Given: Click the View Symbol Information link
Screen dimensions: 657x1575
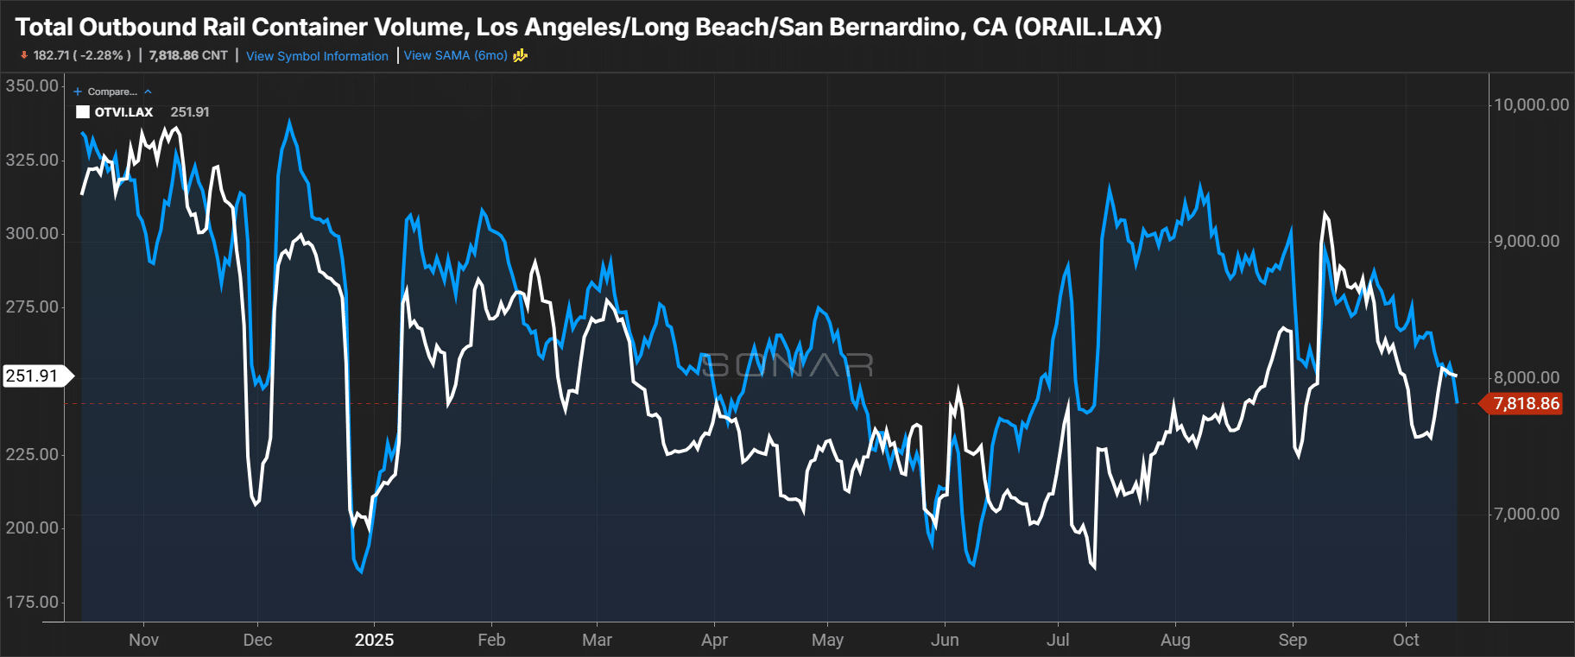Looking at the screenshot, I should (317, 56).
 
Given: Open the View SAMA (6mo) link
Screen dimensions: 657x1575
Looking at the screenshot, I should (455, 55).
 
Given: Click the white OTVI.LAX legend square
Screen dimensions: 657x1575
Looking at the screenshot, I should (83, 112).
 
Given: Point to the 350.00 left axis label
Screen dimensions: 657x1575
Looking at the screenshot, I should (32, 85).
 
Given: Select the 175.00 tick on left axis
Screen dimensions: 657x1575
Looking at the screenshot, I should (32, 602).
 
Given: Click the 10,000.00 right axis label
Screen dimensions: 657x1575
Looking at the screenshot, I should (1531, 104).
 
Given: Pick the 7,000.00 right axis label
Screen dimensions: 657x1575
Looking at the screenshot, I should (1527, 514).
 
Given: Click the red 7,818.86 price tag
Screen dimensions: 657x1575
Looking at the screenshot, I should (1526, 403).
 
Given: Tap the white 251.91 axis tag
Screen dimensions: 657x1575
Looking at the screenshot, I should (32, 376).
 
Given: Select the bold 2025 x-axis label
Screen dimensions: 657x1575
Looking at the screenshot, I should (374, 640).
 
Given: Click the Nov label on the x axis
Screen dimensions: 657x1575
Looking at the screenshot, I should (143, 640).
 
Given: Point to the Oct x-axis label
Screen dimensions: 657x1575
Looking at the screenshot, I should (1406, 640).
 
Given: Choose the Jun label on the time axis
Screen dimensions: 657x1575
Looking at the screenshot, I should (945, 640).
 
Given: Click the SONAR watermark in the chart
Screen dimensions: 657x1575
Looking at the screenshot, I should (786, 365).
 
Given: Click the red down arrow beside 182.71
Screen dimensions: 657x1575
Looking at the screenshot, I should (24, 55).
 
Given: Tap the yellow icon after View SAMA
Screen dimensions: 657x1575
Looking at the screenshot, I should (520, 55).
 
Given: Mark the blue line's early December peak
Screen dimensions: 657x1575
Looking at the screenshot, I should (289, 122).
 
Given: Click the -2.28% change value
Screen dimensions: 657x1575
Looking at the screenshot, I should (103, 55).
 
